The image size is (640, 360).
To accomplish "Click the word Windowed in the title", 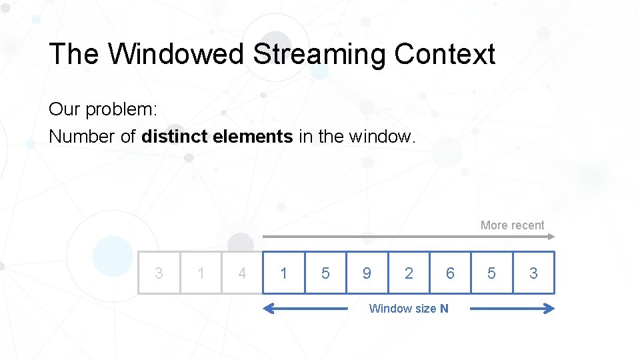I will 176,54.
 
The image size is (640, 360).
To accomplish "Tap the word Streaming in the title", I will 319,54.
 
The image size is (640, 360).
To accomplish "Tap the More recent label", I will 512,225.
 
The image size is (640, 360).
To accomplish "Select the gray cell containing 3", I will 159,273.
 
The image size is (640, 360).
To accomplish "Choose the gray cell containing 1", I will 201,273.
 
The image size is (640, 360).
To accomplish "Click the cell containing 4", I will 242,273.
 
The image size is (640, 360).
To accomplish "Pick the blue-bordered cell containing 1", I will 284,273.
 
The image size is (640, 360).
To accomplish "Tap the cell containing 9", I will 367,273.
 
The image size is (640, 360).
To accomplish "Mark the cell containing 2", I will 409,273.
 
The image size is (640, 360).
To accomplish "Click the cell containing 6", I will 450,273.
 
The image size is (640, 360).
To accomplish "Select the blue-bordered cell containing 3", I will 533,273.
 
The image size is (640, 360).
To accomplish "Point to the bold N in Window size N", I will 444,309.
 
